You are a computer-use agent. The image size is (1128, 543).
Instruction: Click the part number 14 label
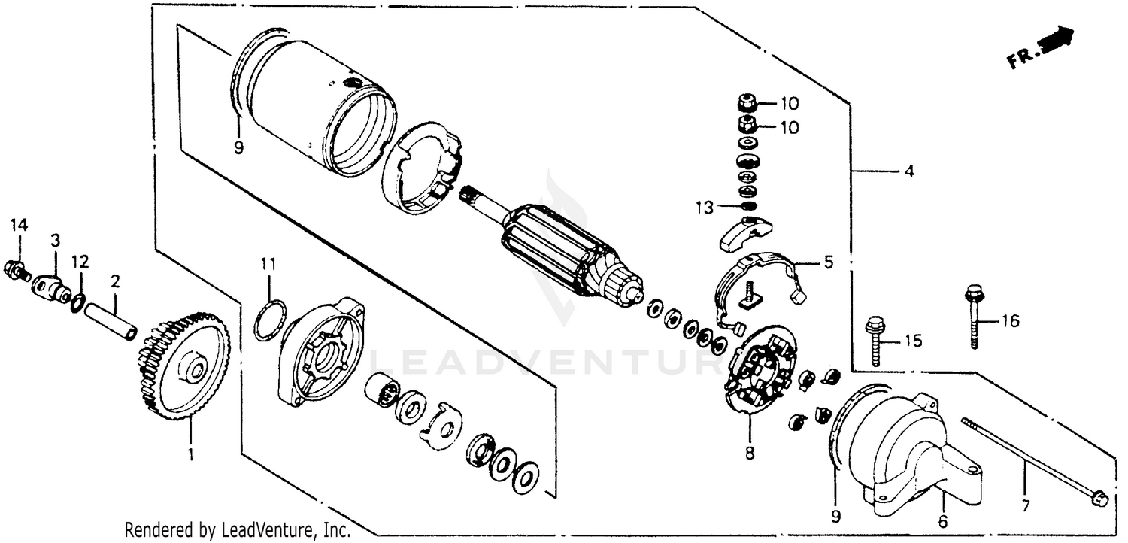pos(18,225)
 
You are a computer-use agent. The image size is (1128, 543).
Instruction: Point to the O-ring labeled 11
pos(269,320)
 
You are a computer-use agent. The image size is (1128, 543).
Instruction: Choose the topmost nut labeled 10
pos(746,103)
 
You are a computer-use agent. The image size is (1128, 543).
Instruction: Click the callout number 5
pos(828,264)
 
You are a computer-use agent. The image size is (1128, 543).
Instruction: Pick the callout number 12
pos(80,262)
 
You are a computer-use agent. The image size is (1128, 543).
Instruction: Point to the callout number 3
pos(56,241)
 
